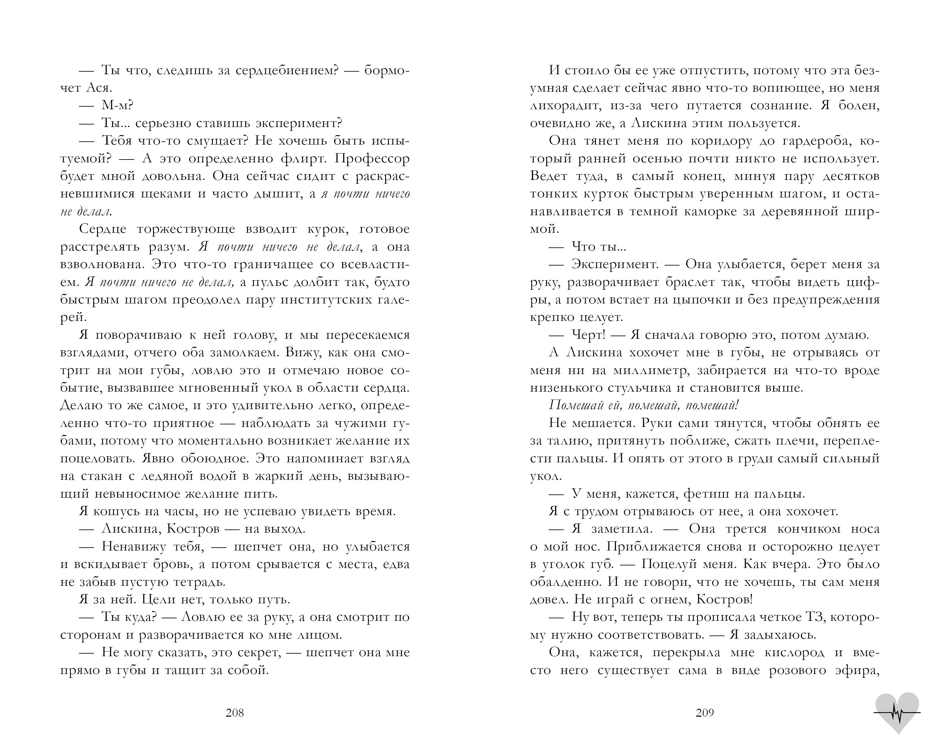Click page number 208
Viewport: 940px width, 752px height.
tap(235, 713)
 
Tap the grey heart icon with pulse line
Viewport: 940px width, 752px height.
tap(897, 712)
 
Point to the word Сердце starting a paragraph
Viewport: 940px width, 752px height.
tap(103, 229)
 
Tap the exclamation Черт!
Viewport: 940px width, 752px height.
tap(589, 335)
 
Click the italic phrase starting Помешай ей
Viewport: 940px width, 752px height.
tap(644, 405)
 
